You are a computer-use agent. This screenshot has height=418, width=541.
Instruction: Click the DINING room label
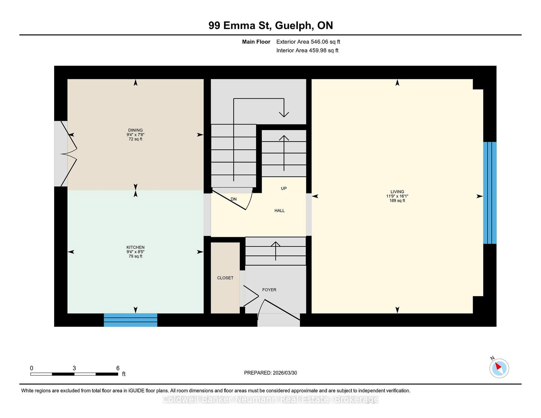[x=136, y=130]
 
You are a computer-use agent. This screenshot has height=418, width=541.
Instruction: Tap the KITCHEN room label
[x=136, y=247]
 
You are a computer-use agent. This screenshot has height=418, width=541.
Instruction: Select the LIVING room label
[x=397, y=192]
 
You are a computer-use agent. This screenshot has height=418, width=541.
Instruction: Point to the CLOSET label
[x=225, y=278]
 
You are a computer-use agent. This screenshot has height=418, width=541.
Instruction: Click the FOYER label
[x=269, y=290]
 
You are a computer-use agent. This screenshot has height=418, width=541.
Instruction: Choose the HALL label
[x=279, y=211]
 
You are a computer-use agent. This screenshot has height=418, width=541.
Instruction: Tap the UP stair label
[x=284, y=188]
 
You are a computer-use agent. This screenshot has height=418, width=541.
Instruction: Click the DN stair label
[x=234, y=199]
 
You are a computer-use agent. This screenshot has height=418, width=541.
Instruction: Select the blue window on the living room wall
[x=490, y=193]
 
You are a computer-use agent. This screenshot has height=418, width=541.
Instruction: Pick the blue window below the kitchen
[x=131, y=320]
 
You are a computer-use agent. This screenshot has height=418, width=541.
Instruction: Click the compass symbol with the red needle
[x=499, y=368]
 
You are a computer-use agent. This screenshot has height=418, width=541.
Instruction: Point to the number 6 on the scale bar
[x=118, y=368]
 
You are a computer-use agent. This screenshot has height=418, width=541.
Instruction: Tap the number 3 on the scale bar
[x=74, y=368]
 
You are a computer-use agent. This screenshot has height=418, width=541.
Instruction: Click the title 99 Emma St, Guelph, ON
[x=270, y=25]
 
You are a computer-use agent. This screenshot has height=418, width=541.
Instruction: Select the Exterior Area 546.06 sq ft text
[x=308, y=42]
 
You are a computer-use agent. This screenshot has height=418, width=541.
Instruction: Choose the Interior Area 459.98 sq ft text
[x=307, y=50]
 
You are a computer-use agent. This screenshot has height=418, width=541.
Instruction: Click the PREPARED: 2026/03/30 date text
[x=270, y=373]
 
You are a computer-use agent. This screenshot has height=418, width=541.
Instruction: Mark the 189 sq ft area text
[x=397, y=200]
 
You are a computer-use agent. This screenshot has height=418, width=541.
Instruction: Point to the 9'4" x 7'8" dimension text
[x=136, y=134]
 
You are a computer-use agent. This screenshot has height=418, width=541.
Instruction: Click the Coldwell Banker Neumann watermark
[x=270, y=399]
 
